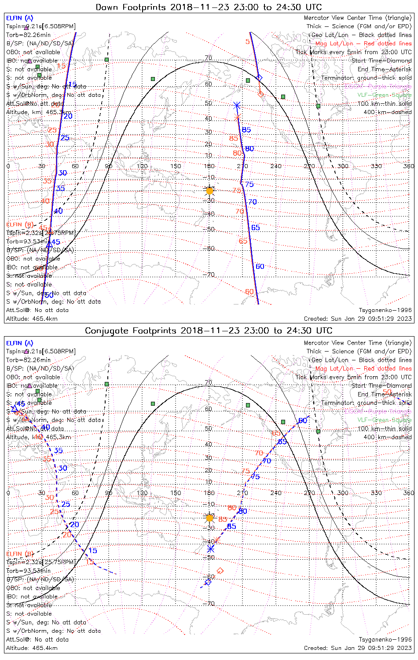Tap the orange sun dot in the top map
[209, 191]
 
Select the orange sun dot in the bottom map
[209, 518]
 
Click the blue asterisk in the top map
[237, 106]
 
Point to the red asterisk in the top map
[238, 117]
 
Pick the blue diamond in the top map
[259, 78]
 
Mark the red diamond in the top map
[260, 94]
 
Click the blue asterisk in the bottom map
[210, 549]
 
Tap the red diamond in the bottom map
[220, 571]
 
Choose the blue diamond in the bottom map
[208, 582]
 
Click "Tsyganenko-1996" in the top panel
[385, 310]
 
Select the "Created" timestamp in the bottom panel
[358, 648]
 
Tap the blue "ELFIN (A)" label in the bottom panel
[20, 343]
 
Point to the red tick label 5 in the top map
[248, 42]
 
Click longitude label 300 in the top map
[342, 166]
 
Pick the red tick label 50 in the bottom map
[387, 392]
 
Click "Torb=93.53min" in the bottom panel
[28, 571]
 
